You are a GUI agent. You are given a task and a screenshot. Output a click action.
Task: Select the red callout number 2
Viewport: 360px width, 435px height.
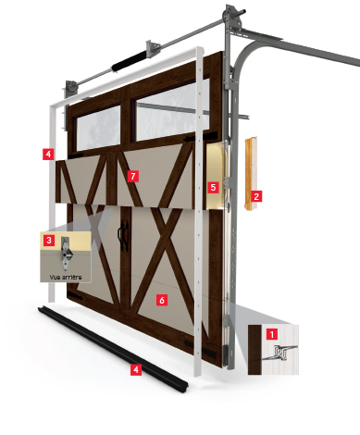pyautogui.click(x=256, y=196)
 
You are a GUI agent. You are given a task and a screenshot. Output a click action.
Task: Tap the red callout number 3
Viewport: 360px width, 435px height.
pyautogui.click(x=48, y=240)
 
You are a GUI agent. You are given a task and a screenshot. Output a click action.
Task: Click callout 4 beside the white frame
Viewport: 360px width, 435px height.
pyautogui.click(x=48, y=153)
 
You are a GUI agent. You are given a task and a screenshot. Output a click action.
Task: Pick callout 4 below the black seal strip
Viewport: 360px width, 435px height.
pyautogui.click(x=137, y=369)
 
